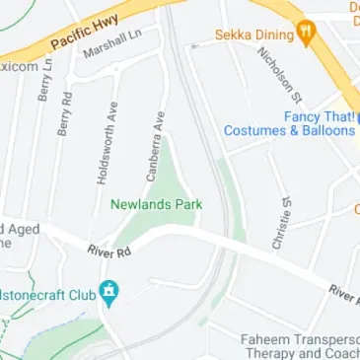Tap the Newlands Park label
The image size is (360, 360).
click(156, 205)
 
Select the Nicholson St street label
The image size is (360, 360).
click(285, 72)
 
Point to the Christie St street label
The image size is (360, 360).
click(284, 221)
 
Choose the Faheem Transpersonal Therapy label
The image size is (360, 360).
click(301, 346)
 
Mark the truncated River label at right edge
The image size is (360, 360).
click(344, 293)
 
